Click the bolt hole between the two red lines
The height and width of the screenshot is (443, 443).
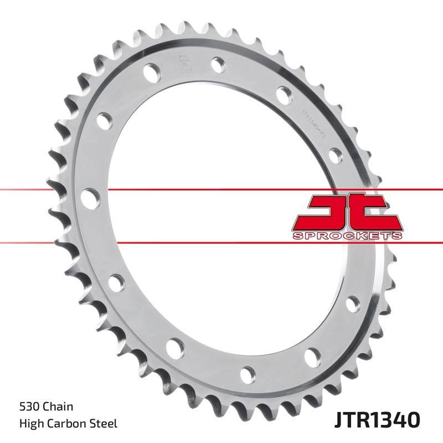pyautogui.click(x=90, y=198)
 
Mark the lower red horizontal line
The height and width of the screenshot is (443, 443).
pyautogui.click(x=55, y=242)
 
